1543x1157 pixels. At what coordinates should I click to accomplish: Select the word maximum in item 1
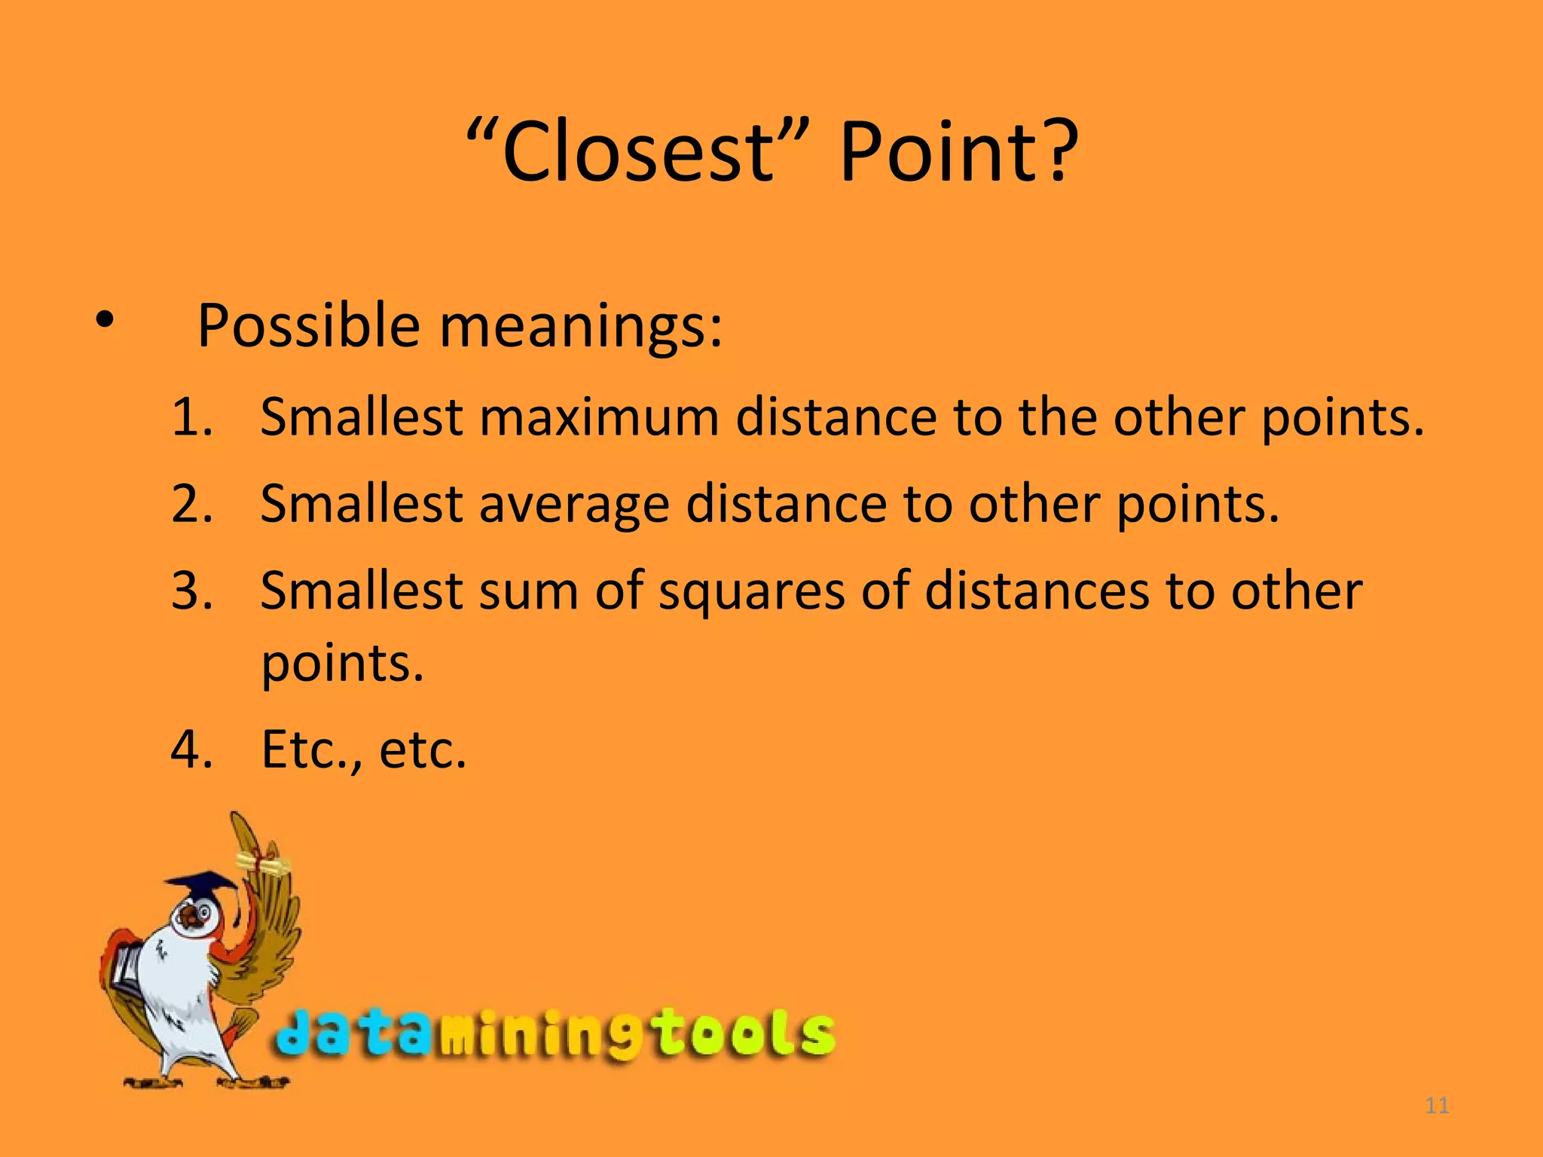[599, 417]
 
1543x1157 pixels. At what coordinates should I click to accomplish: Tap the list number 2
[191, 503]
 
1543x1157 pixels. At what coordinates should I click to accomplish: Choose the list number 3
[191, 590]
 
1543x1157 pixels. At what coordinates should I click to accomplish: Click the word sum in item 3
[528, 591]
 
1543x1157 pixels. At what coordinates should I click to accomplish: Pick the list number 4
[191, 749]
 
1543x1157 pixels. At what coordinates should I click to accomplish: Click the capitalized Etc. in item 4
[309, 749]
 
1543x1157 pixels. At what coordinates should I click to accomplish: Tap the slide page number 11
[1438, 1106]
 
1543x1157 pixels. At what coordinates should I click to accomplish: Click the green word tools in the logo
[743, 1033]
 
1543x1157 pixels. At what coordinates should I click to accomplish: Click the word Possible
[309, 326]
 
